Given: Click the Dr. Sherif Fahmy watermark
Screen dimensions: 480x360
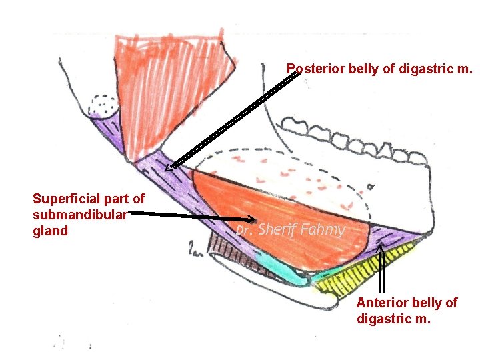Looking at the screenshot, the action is click(291, 230).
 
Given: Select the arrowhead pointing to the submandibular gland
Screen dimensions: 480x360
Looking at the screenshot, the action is click(253, 219).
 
